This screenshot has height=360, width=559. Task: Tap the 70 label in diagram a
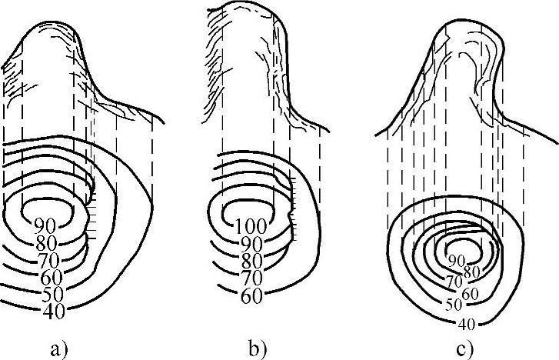point(48,260)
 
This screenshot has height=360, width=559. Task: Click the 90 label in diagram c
point(456,260)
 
